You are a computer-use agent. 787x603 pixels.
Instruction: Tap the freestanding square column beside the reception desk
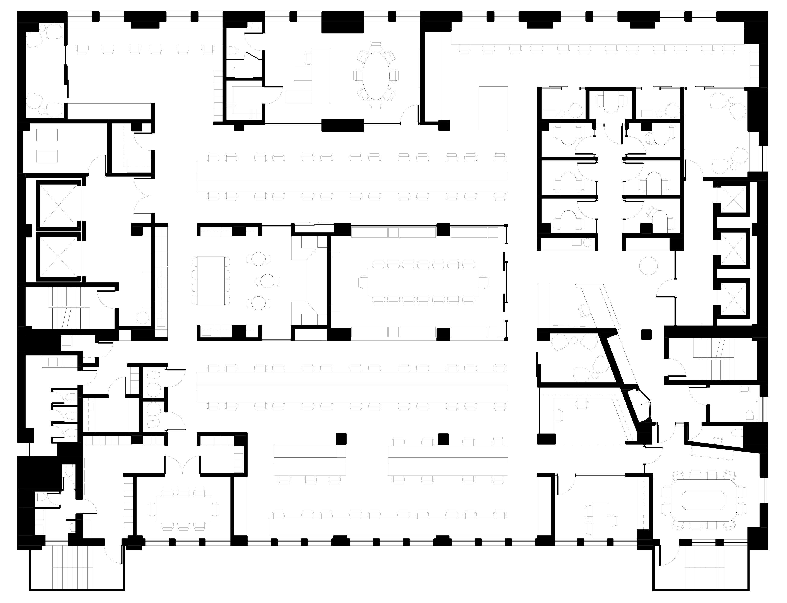646,335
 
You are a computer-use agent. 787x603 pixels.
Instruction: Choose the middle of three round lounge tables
267,281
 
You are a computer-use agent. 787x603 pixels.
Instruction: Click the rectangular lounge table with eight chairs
211,281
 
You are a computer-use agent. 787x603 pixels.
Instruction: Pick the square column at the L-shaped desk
341,439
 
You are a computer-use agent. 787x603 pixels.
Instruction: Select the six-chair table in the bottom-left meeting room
183,509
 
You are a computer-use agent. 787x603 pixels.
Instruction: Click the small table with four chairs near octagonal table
600,520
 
